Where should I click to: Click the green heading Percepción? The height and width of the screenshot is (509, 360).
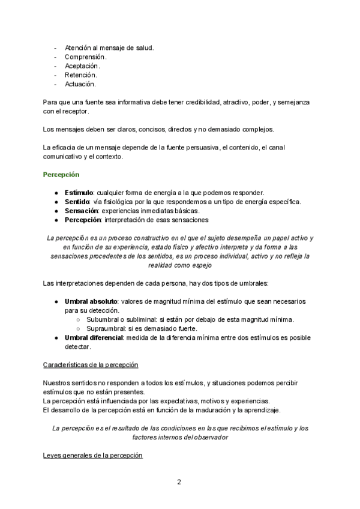(x=61, y=175)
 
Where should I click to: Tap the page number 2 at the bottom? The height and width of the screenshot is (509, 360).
(x=179, y=481)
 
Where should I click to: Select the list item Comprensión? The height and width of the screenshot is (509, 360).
(x=85, y=56)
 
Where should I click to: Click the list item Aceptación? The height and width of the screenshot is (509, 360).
(x=82, y=65)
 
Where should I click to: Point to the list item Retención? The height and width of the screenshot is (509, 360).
(x=81, y=75)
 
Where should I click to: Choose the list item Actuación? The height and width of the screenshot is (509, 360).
(x=80, y=84)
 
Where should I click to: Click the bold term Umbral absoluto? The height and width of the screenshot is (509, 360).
(x=91, y=301)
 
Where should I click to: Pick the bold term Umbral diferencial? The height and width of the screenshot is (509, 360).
(x=94, y=338)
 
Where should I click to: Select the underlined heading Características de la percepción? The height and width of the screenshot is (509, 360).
(x=91, y=364)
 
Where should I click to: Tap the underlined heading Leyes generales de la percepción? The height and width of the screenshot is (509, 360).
(x=93, y=456)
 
